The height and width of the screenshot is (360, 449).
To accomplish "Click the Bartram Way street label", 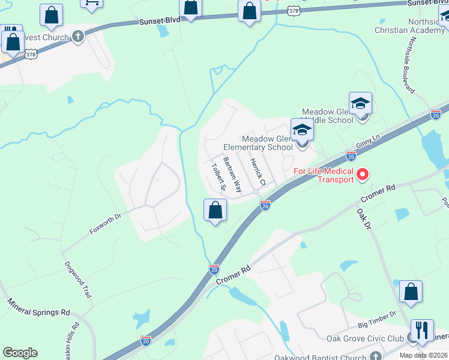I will coord(232,175).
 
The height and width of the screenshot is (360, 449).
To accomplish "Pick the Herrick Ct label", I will coord(257,171).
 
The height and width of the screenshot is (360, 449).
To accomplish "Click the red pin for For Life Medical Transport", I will coord(363,175).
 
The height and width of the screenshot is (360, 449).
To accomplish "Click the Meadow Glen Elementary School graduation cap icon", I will coord(302,130).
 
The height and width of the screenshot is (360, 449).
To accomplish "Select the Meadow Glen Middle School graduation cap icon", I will coord(360,103).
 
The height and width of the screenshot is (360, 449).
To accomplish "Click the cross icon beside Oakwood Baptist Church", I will coord(376,356).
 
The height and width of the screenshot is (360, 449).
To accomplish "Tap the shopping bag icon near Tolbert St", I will coord(215,210).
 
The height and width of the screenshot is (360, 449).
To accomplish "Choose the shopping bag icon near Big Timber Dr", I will coord(411,292).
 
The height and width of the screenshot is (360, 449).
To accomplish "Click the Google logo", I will coord(20,353).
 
